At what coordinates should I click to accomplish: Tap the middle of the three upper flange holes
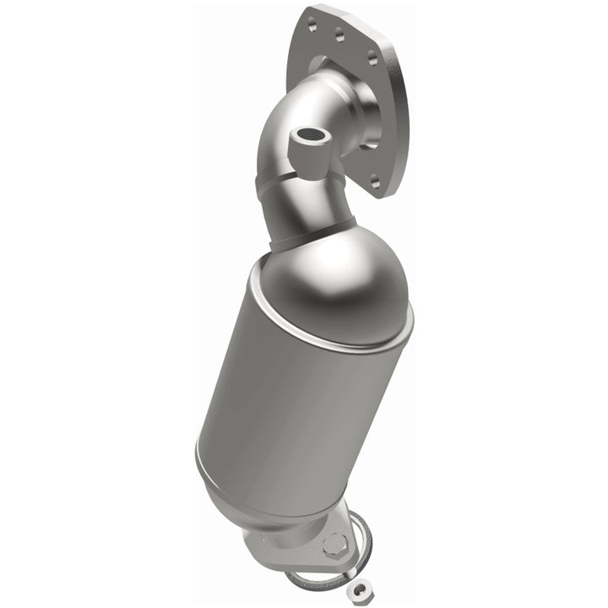point(340,35)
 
